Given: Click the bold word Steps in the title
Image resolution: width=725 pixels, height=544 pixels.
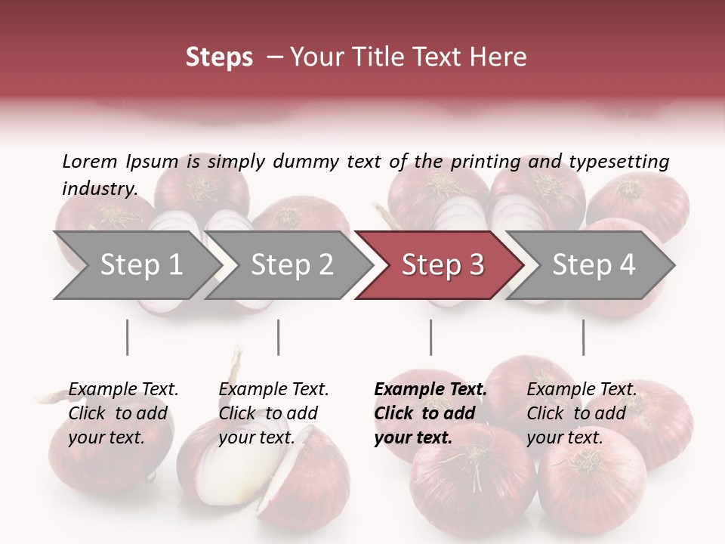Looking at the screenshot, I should [x=219, y=57].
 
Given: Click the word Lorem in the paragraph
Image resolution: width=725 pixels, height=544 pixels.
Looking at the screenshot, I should [x=89, y=161].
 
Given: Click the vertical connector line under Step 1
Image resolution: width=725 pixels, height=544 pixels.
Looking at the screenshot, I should [x=127, y=337].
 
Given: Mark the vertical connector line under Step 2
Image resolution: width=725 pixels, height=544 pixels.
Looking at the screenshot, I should [x=279, y=337].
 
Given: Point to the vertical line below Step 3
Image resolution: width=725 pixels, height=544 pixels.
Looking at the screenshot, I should [x=430, y=337].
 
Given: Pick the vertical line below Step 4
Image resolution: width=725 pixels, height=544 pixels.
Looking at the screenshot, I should [x=583, y=337].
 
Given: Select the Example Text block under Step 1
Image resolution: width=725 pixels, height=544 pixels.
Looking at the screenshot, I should [x=123, y=413].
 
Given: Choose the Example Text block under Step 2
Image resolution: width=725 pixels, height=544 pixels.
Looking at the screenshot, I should [x=273, y=413].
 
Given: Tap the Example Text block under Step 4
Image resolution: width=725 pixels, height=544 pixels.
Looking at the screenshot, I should [x=582, y=413].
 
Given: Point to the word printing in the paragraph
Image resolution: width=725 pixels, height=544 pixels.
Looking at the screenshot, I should [x=483, y=161].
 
